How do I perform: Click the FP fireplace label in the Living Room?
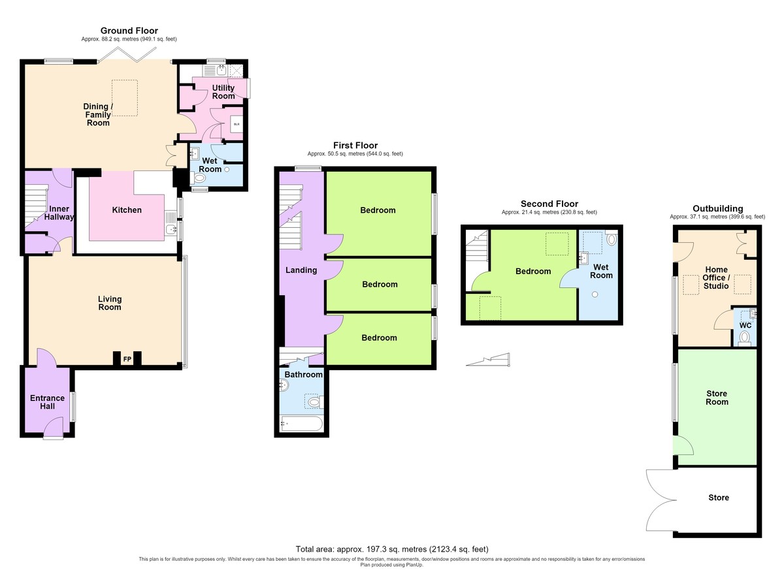pos(127,359)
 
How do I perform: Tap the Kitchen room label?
pos(127,210)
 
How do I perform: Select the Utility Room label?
pos(223,91)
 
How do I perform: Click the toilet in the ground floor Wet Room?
pos(198,178)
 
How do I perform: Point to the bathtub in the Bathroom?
pos(301,424)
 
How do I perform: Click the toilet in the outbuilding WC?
pos(744,338)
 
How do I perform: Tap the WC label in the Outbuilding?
pos(745,325)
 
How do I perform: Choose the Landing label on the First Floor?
pos(301,270)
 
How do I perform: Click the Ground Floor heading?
pos(129,31)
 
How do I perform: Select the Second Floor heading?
pos(549,204)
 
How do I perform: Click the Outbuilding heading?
pos(717,208)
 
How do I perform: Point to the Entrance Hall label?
pos(47,402)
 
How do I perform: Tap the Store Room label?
pos(717,398)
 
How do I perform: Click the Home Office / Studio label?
pos(716,277)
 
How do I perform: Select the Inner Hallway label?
pos(59,213)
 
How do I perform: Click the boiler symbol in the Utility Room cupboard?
pos(237,124)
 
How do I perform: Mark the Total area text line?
pos(391,549)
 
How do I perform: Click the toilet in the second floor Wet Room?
pos(612,239)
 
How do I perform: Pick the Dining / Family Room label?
pos(98,114)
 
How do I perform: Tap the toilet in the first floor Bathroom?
pos(316,402)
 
